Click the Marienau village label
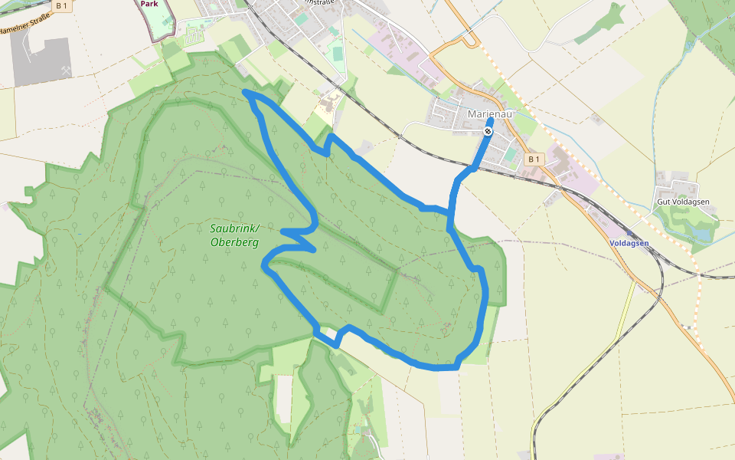tap(487, 115)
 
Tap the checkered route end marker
tap(488, 132)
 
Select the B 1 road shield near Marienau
tap(534, 159)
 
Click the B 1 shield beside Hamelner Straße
tap(62, 5)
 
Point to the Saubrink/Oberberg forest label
tap(234, 235)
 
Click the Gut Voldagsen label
tap(683, 202)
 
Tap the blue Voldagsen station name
tap(629, 243)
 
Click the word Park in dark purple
tap(150, 4)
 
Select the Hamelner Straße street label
tap(23, 27)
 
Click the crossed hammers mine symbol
tap(66, 71)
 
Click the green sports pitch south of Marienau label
tap(511, 154)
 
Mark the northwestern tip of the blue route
tap(244, 92)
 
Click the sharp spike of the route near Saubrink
tap(313, 249)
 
